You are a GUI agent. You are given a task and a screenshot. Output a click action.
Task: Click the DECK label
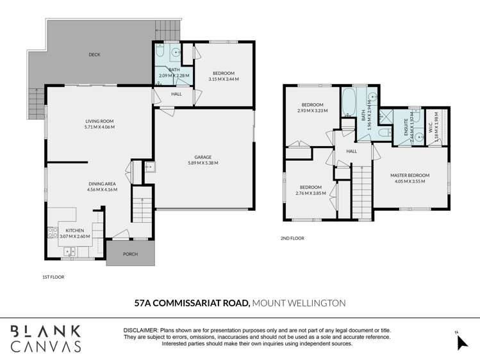click(94, 54)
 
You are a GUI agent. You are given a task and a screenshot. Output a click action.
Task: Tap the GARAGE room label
click(203, 157)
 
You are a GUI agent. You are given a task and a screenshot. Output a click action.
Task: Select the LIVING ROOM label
click(99, 120)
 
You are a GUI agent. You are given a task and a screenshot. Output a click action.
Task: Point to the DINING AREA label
click(103, 184)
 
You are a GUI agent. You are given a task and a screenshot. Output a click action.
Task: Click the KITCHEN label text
click(75, 230)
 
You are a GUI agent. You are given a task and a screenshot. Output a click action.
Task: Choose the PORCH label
click(130, 253)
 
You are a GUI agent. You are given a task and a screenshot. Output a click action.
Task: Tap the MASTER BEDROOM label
click(410, 176)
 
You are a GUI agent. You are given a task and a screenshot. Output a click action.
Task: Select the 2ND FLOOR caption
click(292, 238)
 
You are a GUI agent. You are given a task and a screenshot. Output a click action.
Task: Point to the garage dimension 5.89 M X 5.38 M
click(203, 163)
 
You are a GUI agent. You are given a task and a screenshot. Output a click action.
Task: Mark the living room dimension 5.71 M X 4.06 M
click(99, 127)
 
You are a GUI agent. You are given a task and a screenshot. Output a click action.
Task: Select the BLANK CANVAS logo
click(45, 338)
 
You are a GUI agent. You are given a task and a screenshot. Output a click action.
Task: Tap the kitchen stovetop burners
click(51, 232)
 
